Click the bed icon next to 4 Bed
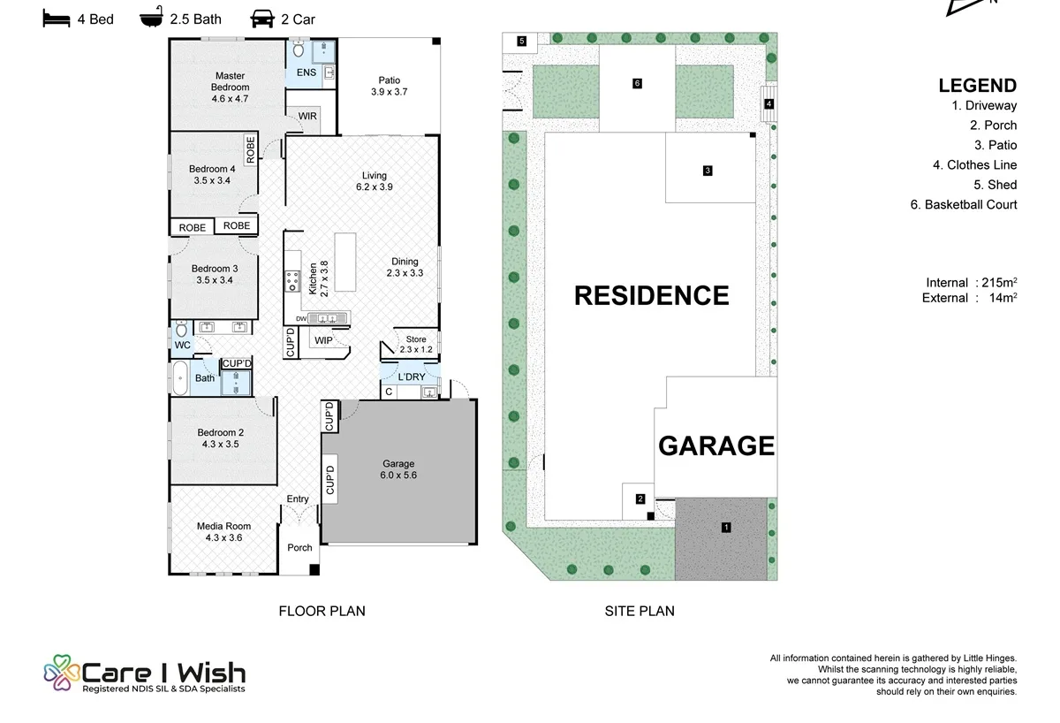(57, 19)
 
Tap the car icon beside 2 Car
(262, 19)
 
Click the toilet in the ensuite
(299, 49)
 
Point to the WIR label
(307, 116)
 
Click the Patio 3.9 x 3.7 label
(389, 86)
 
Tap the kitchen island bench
(345, 262)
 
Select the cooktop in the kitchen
(292, 281)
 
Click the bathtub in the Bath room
(180, 377)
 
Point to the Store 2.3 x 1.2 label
(416, 344)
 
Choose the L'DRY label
(412, 377)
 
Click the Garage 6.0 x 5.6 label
(398, 469)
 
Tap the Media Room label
(223, 526)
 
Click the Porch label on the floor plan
(299, 547)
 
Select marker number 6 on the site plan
(637, 83)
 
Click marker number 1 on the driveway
(726, 527)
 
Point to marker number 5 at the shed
(521, 41)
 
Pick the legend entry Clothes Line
(975, 164)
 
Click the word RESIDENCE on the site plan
(651, 295)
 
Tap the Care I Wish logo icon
(62, 673)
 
